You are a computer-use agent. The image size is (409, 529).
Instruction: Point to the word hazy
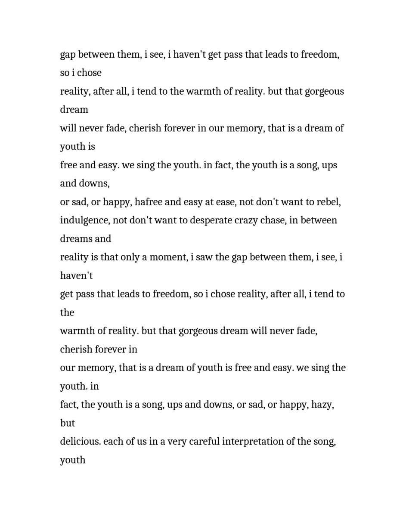[322, 405]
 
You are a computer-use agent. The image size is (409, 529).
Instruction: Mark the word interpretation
[255, 442]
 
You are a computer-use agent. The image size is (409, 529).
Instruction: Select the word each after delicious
[114, 442]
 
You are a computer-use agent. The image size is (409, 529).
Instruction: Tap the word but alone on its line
[68, 423]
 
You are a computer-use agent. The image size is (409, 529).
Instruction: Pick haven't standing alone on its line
[76, 275]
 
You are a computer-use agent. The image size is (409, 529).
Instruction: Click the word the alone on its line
[67, 312]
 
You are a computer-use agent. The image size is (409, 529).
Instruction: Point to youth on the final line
[73, 460]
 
